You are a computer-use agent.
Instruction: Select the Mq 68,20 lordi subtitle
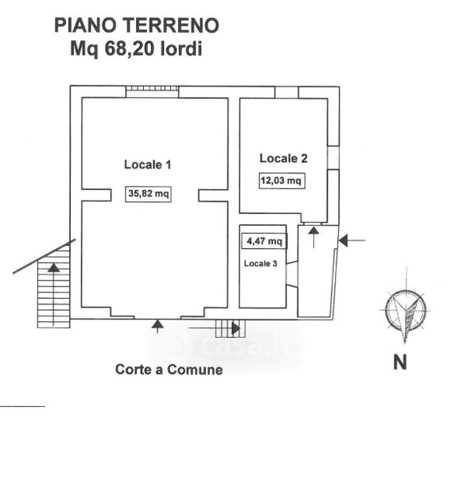(x=136, y=48)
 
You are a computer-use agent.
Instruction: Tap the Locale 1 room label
(x=148, y=165)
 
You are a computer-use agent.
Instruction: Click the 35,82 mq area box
(x=148, y=194)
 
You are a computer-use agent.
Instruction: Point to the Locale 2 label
(x=283, y=158)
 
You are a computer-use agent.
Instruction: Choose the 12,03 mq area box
(x=282, y=180)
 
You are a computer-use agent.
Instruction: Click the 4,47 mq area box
(x=264, y=241)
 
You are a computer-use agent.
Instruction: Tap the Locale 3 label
(x=260, y=263)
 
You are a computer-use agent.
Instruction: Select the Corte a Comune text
(x=169, y=370)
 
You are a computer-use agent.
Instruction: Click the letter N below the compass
(x=400, y=363)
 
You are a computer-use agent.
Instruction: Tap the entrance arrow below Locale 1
(x=157, y=326)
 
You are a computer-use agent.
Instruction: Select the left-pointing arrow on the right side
(x=352, y=241)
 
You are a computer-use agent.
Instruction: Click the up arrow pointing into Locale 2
(x=313, y=238)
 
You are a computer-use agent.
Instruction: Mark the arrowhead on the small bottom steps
(x=236, y=328)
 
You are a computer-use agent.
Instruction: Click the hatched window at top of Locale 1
(x=153, y=88)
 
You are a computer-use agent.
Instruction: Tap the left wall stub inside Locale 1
(x=96, y=195)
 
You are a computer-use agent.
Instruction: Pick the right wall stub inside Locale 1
(x=213, y=196)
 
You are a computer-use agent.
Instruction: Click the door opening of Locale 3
(x=292, y=273)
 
